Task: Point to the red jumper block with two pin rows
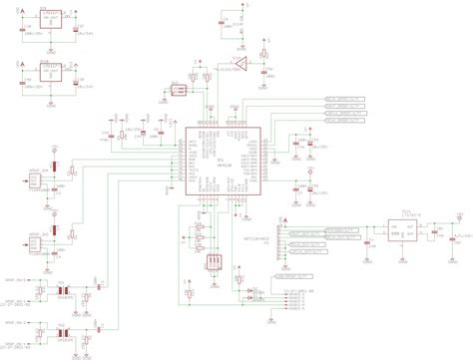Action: click(x=178, y=91)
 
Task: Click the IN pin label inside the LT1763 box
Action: click(x=394, y=227)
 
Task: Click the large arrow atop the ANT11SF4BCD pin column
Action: click(x=286, y=219)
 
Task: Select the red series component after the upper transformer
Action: click(x=86, y=288)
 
